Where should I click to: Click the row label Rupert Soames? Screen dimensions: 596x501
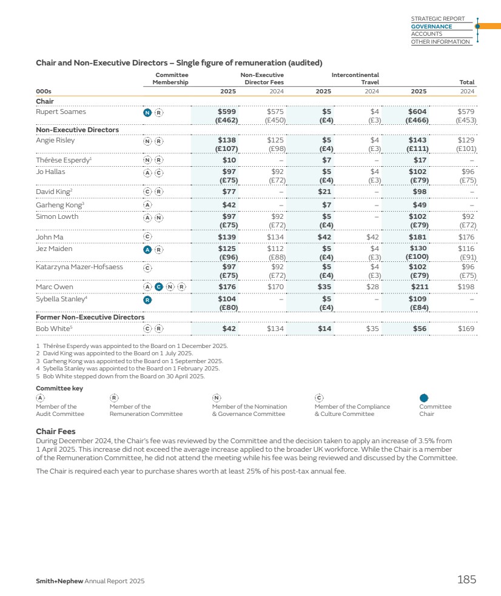[x=61, y=112]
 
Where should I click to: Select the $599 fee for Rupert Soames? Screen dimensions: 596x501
[x=227, y=112]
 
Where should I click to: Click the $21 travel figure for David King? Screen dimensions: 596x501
[x=324, y=192]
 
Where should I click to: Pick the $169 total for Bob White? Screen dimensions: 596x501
[x=466, y=329]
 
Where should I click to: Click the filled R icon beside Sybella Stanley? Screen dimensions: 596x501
[x=147, y=300]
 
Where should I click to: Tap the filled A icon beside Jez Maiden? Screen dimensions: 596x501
[x=147, y=249]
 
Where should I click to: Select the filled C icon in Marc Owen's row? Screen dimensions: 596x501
[x=159, y=287]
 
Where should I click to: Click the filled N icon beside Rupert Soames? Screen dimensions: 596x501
[x=147, y=112]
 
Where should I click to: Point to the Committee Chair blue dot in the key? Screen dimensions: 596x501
[x=425, y=398]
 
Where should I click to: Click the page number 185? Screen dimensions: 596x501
[x=466, y=580]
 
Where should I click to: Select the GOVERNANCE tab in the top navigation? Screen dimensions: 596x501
[x=431, y=27]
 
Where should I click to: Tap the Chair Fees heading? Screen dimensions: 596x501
[x=55, y=431]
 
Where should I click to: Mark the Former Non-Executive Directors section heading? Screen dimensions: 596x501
[x=90, y=317]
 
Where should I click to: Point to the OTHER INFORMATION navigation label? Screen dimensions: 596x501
[x=440, y=42]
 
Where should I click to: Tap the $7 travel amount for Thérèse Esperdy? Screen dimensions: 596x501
[x=326, y=160]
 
